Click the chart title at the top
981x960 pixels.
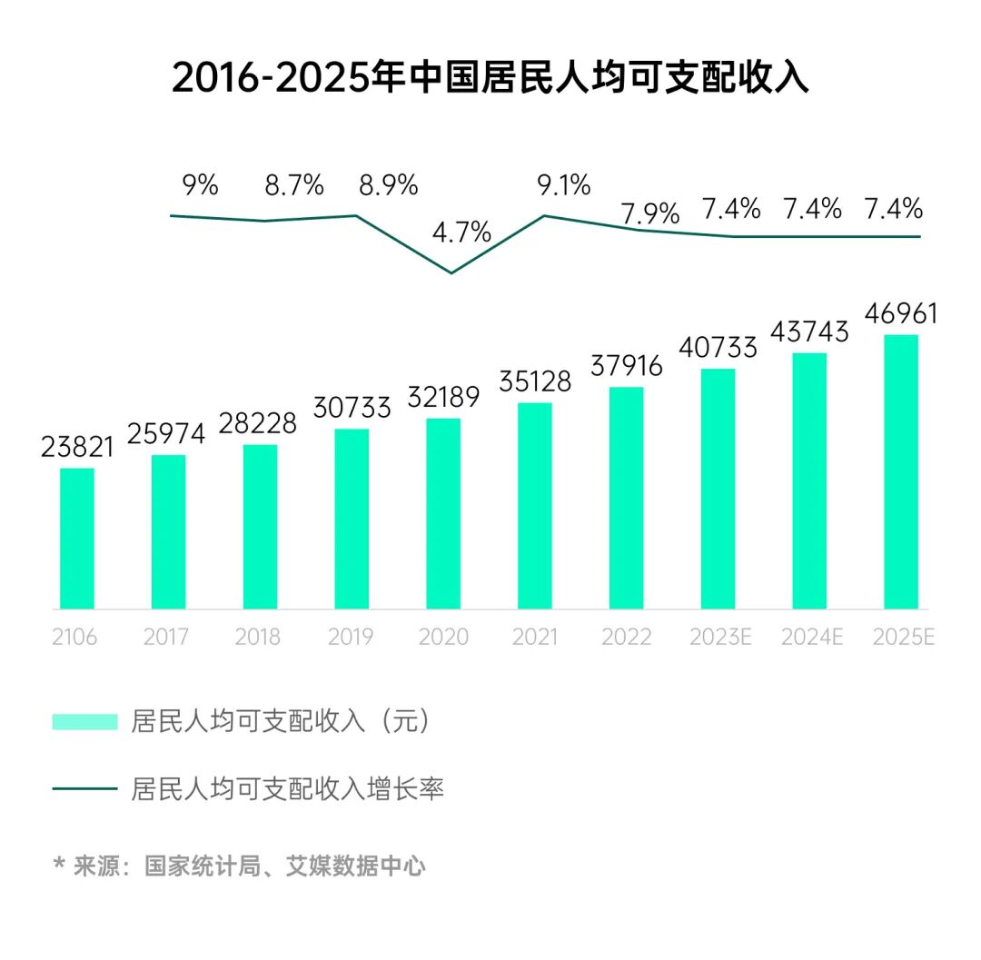tap(490, 78)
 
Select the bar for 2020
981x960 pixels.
tap(443, 513)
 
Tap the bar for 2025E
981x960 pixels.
tap(901, 472)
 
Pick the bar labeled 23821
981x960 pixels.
tap(77, 538)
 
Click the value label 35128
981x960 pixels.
tap(535, 381)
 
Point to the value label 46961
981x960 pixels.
tap(900, 314)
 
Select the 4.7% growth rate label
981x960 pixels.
tap(461, 232)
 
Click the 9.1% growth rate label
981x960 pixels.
tap(563, 186)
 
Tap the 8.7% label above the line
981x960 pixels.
tap(294, 186)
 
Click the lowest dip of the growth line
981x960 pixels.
tap(451, 272)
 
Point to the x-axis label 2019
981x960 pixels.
tap(350, 638)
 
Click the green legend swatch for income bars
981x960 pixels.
tap(85, 721)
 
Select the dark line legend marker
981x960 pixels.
tap(85, 788)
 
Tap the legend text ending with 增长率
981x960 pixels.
tap(287, 788)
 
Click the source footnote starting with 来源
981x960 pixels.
tap(240, 866)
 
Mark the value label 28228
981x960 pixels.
tap(261, 423)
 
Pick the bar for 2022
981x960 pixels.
tap(627, 498)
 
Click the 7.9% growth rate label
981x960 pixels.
tap(650, 214)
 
